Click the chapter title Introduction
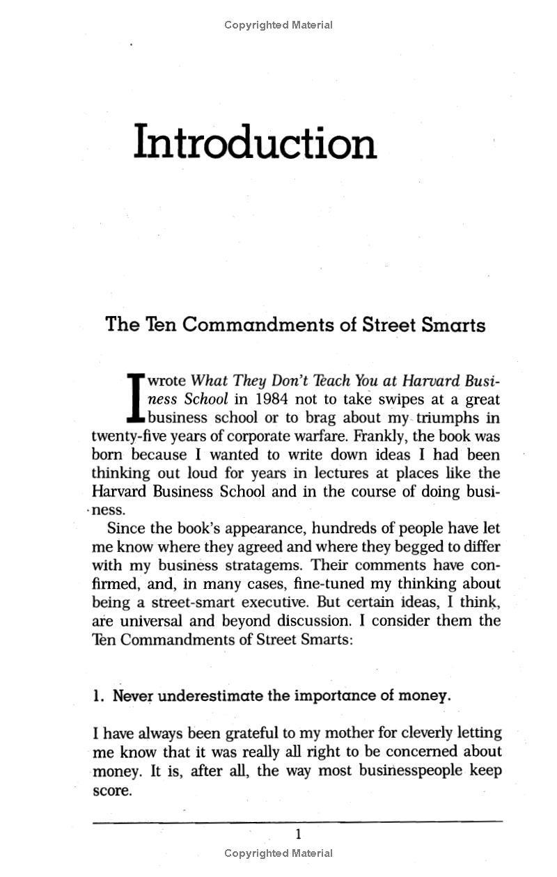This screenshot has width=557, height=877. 255,143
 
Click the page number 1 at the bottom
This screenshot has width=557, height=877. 298,835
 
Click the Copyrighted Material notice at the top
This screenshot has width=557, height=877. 278,25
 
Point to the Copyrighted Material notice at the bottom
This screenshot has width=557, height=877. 278,853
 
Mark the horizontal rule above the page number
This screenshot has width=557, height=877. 298,822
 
